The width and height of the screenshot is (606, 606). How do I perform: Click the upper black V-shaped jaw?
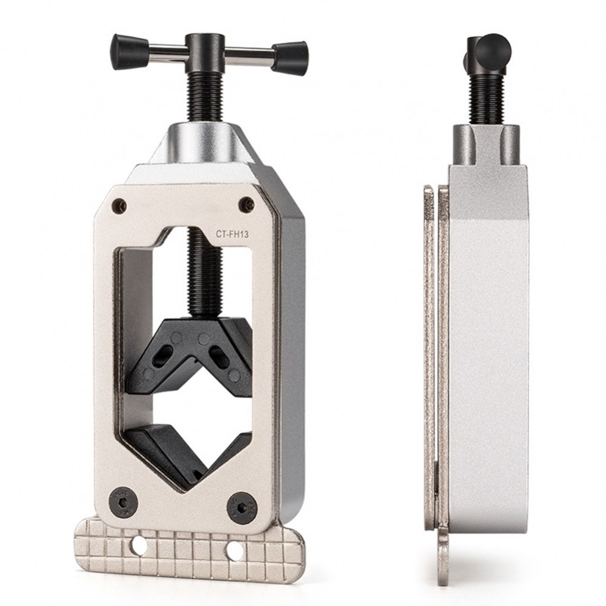tap(191, 351)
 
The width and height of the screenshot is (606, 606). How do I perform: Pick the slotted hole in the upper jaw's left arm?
tap(164, 355)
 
